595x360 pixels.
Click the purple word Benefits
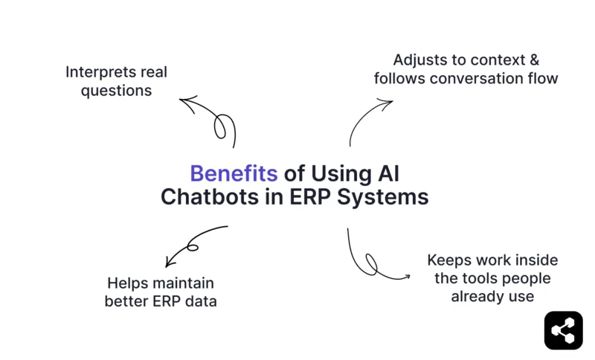(234, 173)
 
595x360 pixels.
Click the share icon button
(563, 330)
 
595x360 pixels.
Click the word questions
(116, 91)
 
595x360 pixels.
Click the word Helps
(129, 283)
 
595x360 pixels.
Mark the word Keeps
(448, 260)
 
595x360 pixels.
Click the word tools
(486, 278)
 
